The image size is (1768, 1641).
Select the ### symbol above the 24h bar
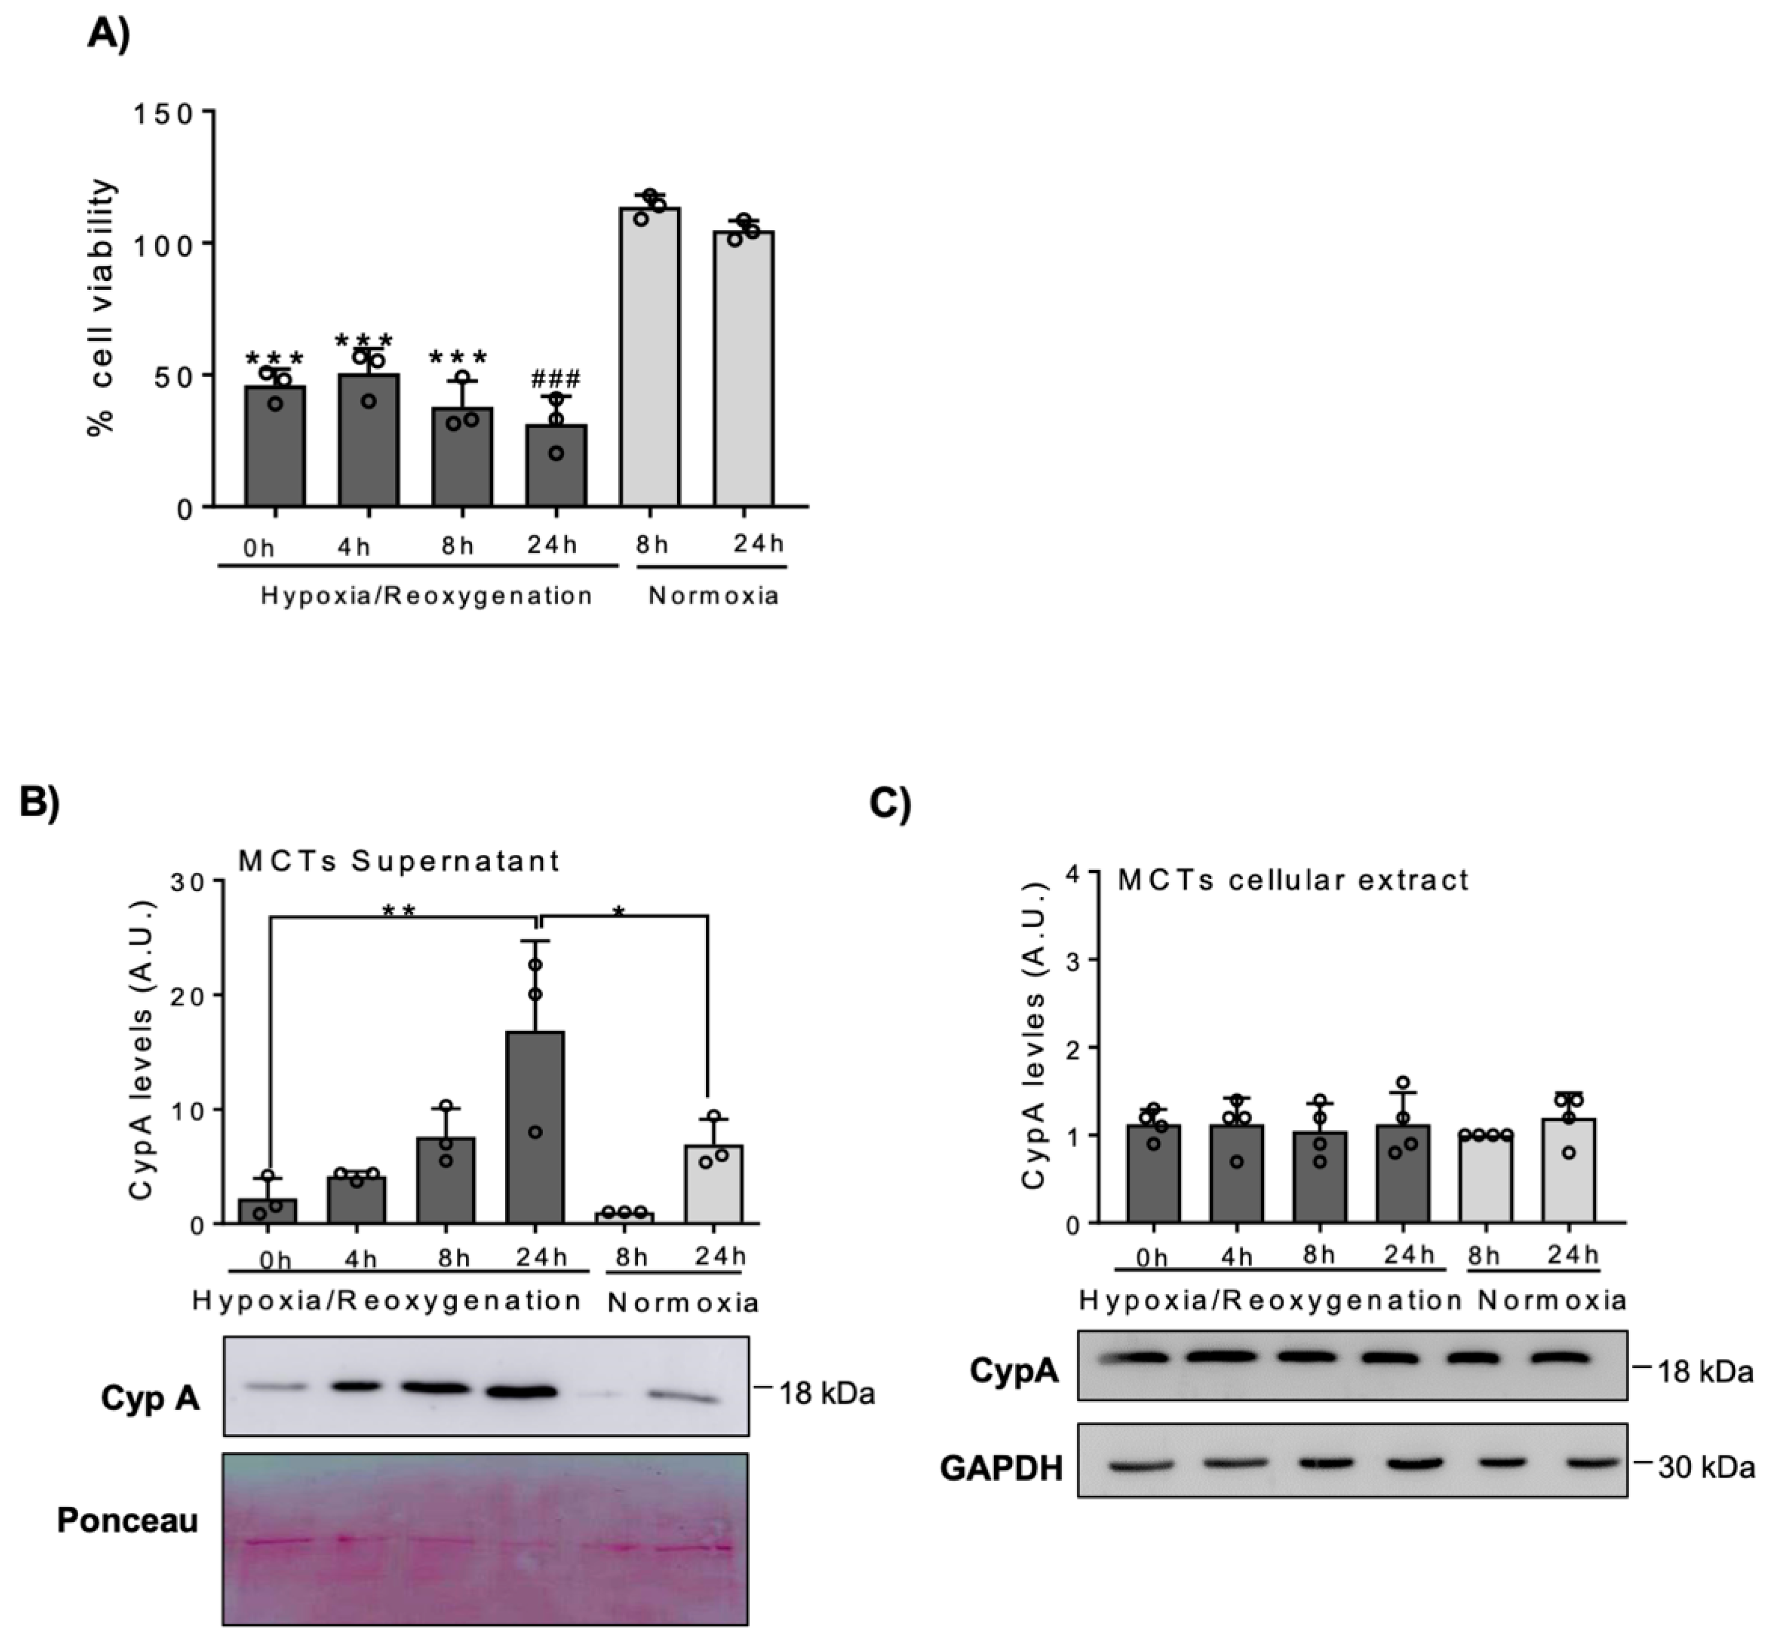pyautogui.click(x=556, y=380)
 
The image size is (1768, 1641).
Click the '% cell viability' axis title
pyautogui.click(x=102, y=306)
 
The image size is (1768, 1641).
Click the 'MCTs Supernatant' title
pyautogui.click(x=398, y=860)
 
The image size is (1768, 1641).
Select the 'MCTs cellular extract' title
pyautogui.click(x=1293, y=880)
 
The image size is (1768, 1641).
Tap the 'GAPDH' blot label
pyautogui.click(x=1001, y=1468)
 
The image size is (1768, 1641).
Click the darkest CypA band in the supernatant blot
pyautogui.click(x=522, y=1391)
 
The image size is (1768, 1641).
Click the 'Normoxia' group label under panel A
pyautogui.click(x=713, y=595)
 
